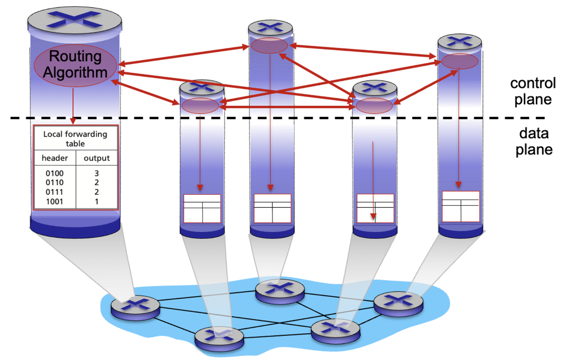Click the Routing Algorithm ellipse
(x=75, y=65)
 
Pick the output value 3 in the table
(x=97, y=174)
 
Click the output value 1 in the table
(x=97, y=201)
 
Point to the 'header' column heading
(x=54, y=158)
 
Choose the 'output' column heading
(x=97, y=158)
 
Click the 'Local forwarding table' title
(x=75, y=138)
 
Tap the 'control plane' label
(x=533, y=91)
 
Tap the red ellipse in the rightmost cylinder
(x=460, y=61)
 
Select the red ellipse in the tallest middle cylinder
(x=269, y=46)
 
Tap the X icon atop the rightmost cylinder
(x=459, y=41)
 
